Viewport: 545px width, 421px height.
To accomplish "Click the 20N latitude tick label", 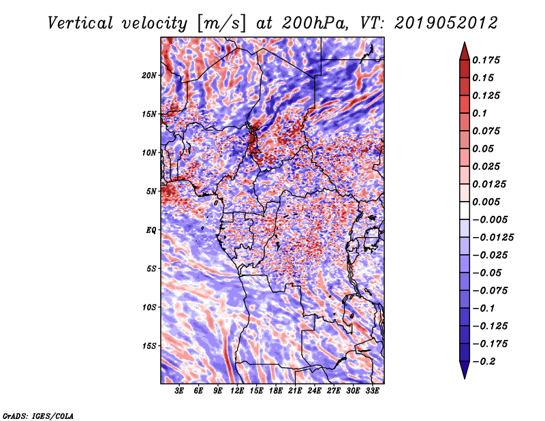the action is (149, 75).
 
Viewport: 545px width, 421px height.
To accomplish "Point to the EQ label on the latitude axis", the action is (151, 230).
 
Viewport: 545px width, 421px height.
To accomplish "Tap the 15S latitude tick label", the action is (149, 346).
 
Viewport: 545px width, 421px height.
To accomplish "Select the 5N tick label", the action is (151, 191).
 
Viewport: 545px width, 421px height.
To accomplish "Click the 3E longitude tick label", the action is (179, 391).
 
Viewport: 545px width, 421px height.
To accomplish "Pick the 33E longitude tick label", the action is (372, 391).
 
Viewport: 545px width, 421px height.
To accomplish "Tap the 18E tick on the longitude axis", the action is (276, 391).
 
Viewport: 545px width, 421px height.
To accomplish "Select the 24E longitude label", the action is (314, 391).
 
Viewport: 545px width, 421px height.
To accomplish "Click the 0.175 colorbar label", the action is (486, 60).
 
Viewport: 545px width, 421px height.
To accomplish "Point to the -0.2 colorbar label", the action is (484, 362).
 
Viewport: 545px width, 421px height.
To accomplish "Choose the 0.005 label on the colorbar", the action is (486, 202).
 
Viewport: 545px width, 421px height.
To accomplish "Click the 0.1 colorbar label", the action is (480, 113).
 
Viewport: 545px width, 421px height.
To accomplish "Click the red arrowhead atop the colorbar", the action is (465, 52).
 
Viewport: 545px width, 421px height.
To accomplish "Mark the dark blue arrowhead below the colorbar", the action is (465, 370).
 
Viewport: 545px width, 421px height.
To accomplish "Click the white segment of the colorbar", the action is (465, 210).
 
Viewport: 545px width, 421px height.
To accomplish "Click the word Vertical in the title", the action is (80, 23).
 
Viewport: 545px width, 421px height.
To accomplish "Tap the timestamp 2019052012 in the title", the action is (446, 23).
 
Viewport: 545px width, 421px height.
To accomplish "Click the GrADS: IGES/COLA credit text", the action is (38, 416).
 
